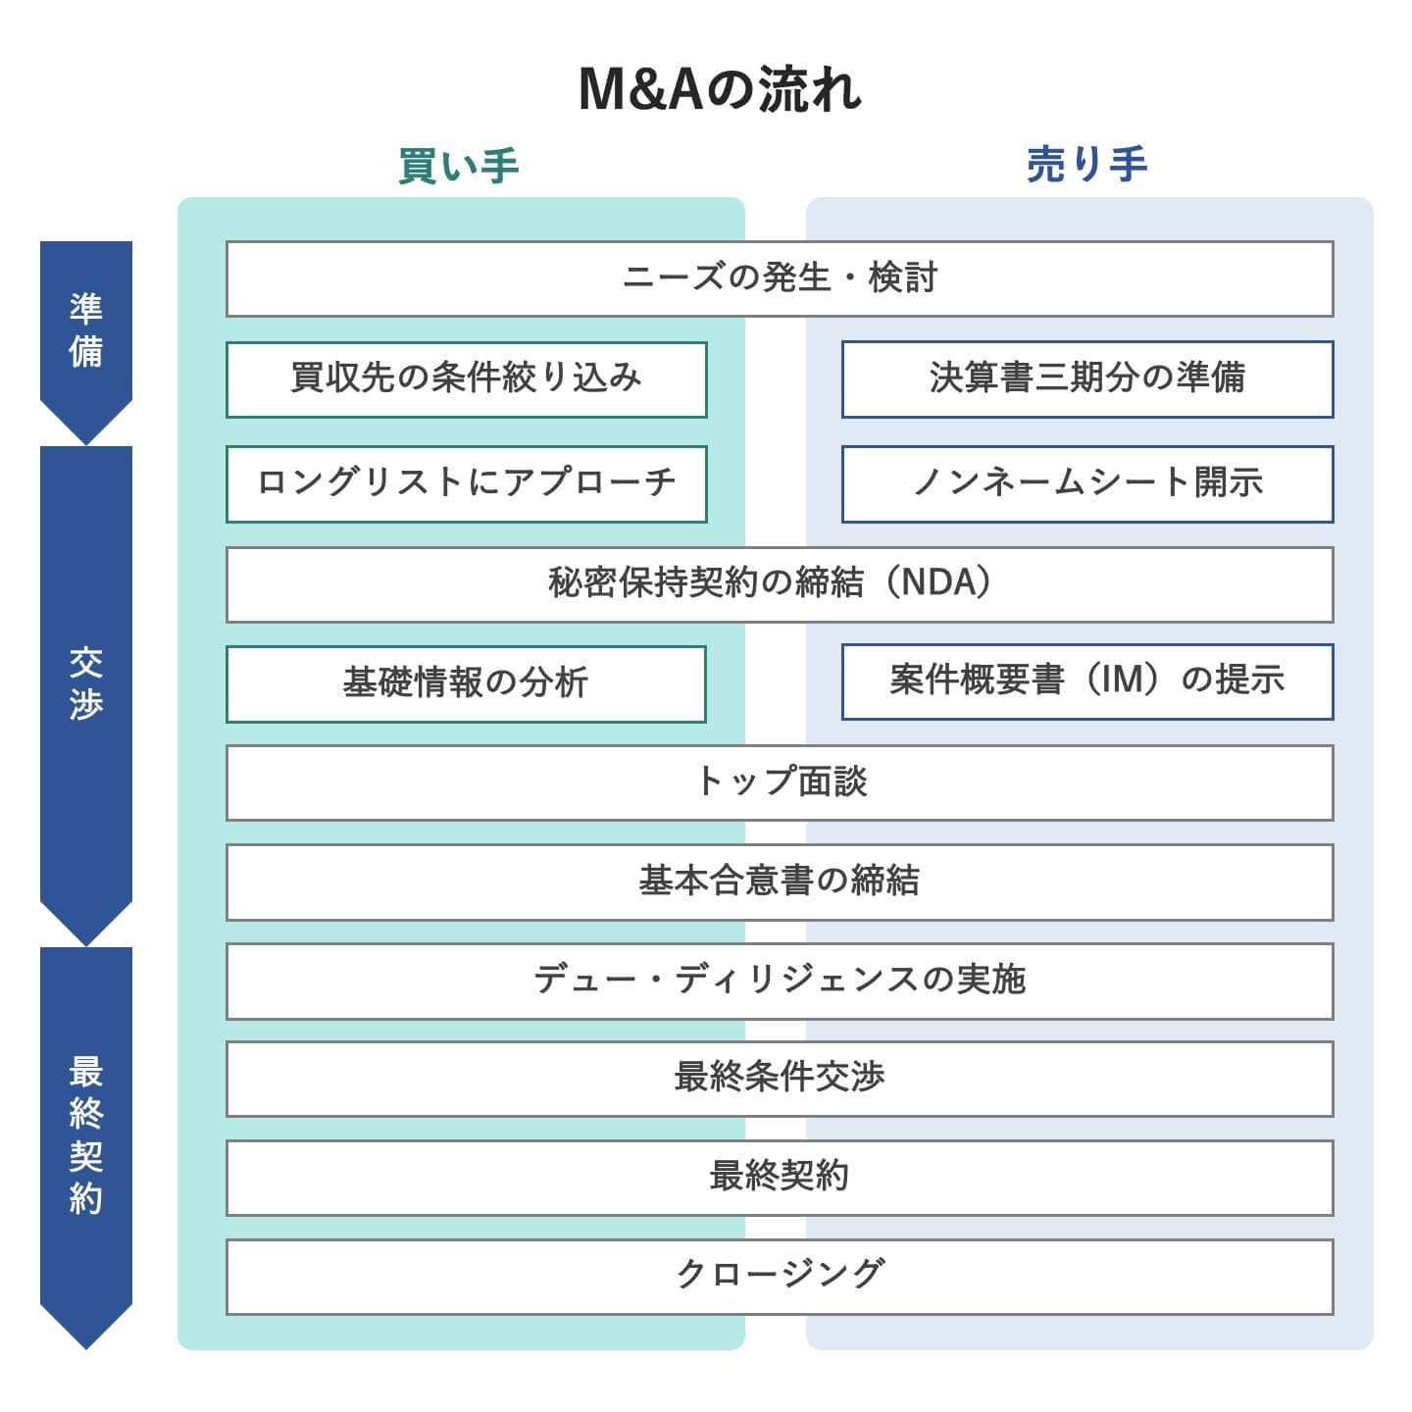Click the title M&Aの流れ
click(x=720, y=90)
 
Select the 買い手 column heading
click(x=459, y=166)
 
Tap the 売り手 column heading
click(x=1086, y=164)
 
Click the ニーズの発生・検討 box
click(x=780, y=278)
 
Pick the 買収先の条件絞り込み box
click(x=466, y=379)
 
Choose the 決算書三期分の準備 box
click(x=1086, y=378)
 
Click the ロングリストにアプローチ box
click(x=466, y=483)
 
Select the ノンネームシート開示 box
click(x=1086, y=483)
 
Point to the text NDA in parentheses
click(x=938, y=582)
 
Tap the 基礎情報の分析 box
click(x=466, y=683)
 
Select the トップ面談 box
click(x=780, y=782)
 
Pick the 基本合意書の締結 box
click(x=780, y=882)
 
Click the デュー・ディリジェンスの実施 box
click(x=780, y=981)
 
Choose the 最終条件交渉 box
click(x=780, y=1079)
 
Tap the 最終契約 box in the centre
click(x=780, y=1177)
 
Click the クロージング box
click(x=780, y=1276)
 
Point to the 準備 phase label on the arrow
click(x=86, y=329)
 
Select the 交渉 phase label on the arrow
click(x=86, y=683)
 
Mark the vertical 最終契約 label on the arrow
click(x=86, y=1135)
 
